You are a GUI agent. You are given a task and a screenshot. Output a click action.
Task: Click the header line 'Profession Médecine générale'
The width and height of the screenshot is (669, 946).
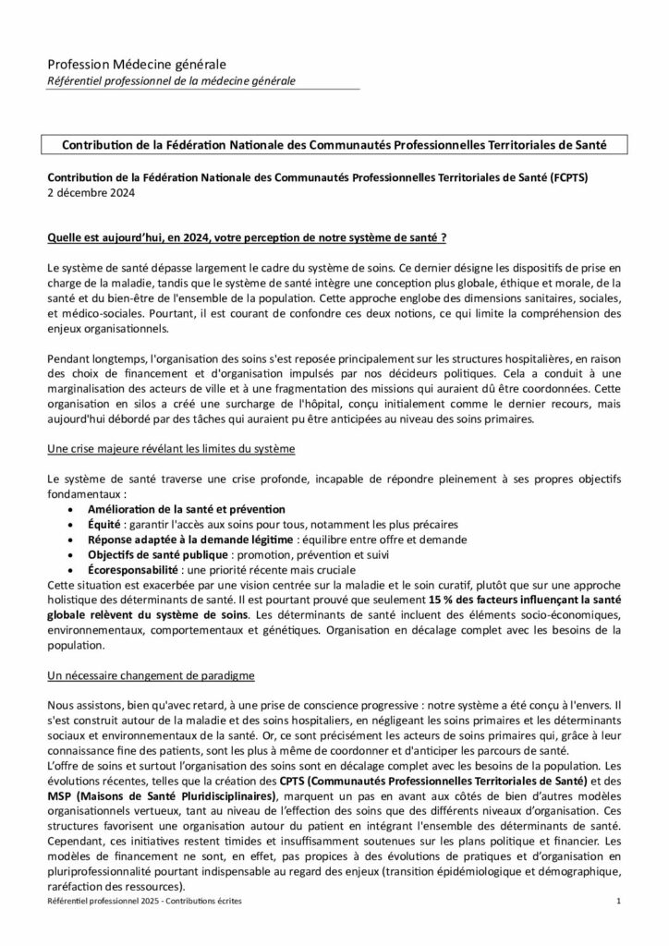(136, 64)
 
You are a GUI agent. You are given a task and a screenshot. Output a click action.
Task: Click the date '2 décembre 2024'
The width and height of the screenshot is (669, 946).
(91, 192)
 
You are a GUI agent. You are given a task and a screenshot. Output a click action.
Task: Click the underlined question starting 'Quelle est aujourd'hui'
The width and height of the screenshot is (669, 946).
(247, 237)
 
